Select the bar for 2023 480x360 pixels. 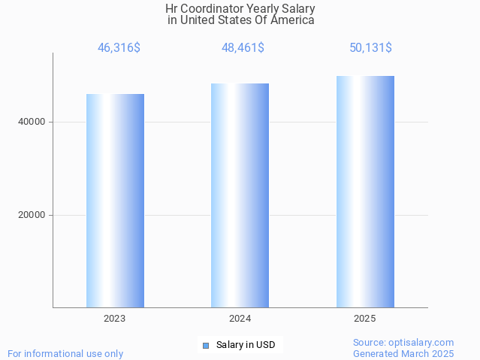tap(115, 201)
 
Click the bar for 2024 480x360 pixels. tap(240, 195)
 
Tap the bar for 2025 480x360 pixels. tap(365, 192)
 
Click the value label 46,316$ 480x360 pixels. tap(119, 48)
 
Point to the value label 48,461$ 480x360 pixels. tap(243, 48)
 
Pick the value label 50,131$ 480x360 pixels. tap(370, 48)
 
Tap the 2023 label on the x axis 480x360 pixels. tap(115, 319)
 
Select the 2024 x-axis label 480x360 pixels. tap(240, 319)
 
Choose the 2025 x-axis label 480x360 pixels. tap(365, 319)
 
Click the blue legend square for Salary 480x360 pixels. tap(205, 346)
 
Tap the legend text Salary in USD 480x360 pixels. tap(246, 346)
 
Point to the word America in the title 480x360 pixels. tap(292, 20)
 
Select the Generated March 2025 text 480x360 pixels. tap(403, 353)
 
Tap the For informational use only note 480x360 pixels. tap(65, 353)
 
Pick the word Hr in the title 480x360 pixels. tap(172, 9)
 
